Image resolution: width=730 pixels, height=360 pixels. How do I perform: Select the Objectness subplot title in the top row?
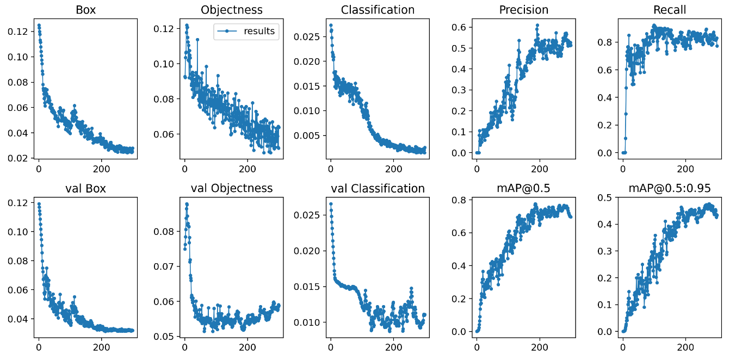pyautogui.click(x=231, y=10)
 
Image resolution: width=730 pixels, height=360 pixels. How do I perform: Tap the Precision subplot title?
pyautogui.click(x=523, y=10)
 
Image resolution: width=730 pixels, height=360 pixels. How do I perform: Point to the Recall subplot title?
pyautogui.click(x=670, y=10)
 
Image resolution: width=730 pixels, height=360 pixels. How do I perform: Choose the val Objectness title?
pyautogui.click(x=231, y=189)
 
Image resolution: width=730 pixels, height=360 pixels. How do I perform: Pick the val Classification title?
pyautogui.click(x=378, y=189)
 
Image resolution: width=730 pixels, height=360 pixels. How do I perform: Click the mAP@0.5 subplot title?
pyautogui.click(x=523, y=189)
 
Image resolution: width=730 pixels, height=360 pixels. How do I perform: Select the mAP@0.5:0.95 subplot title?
pyautogui.click(x=670, y=189)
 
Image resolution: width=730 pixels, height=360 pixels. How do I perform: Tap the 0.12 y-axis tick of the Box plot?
pyautogui.click(x=18, y=32)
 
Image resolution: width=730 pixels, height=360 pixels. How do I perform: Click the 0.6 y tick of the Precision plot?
pyautogui.click(x=461, y=27)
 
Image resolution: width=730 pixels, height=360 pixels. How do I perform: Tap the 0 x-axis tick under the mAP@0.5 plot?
pyautogui.click(x=477, y=346)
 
